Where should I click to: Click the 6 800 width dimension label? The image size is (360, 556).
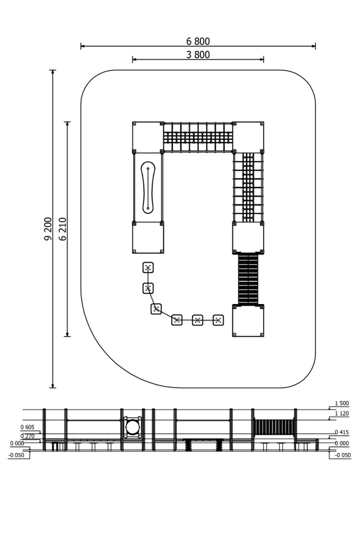[198, 41]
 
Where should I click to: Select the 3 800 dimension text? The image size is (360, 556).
[198, 55]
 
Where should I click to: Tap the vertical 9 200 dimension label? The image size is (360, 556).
[48, 228]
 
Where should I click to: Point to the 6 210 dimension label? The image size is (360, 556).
[63, 228]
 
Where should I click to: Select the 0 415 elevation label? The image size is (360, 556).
[342, 432]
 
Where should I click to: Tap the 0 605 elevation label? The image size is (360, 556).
[27, 427]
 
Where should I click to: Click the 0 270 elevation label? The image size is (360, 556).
[27, 436]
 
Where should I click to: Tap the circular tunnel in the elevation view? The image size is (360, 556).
[133, 427]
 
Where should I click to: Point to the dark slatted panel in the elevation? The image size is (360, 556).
[274, 427]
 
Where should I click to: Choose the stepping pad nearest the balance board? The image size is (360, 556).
[148, 268]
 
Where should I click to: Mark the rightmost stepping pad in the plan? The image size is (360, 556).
[218, 320]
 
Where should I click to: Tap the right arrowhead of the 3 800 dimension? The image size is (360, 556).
[262, 59]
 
